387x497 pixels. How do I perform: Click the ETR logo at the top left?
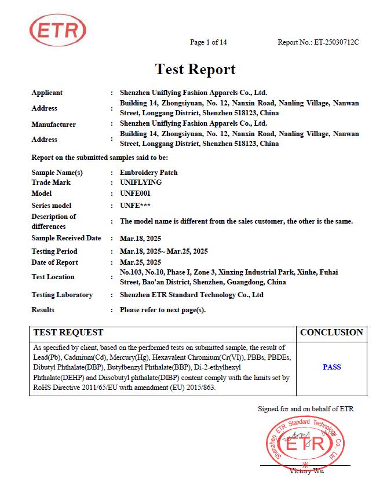[x=57, y=30]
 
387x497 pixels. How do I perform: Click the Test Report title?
[x=195, y=70]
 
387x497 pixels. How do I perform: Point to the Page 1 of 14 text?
[x=209, y=42]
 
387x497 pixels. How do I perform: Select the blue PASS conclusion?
[x=331, y=367]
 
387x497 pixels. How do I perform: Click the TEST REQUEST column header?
[x=68, y=332]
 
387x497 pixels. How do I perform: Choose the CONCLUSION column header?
[x=331, y=332]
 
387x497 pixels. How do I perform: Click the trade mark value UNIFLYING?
[x=141, y=182]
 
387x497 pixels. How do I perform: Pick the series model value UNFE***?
[x=136, y=206]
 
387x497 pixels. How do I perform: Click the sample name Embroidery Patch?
[x=148, y=173]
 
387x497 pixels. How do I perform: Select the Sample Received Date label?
[x=66, y=238]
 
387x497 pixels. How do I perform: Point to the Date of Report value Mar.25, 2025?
[x=140, y=262]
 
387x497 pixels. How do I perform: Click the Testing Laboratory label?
[x=62, y=295]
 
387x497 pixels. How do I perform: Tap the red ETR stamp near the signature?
[x=306, y=444]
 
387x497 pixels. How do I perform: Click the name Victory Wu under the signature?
[x=306, y=470]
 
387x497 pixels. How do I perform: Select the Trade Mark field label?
[x=51, y=182]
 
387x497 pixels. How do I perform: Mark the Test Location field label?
[x=53, y=277]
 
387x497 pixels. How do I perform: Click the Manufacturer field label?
[x=53, y=124]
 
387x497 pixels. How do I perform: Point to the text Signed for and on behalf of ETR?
[x=305, y=409]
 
